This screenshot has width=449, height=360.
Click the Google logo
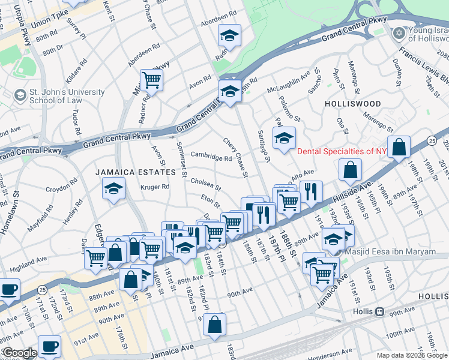point(19,353)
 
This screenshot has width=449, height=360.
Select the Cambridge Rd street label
point(211,157)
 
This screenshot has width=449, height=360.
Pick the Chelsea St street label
point(206,181)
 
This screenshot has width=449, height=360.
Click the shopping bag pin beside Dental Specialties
point(399,147)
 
